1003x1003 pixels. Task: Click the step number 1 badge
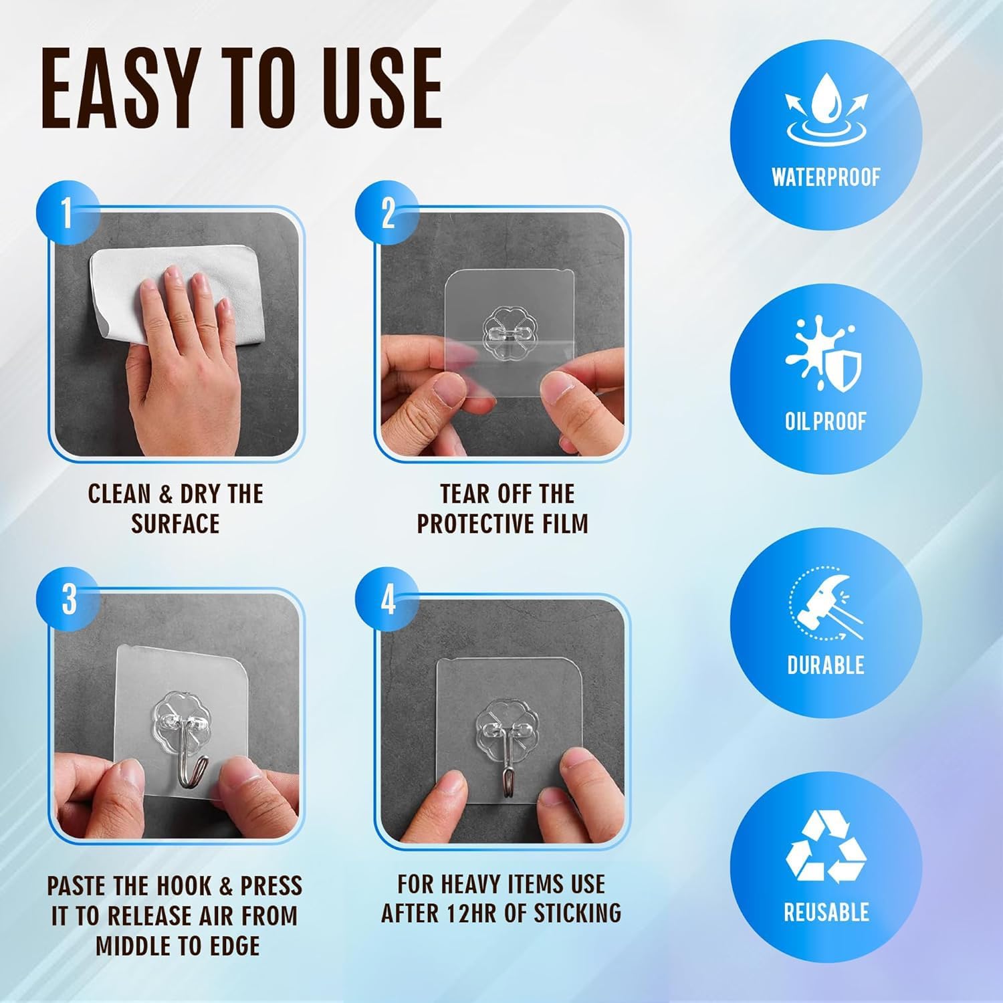(68, 214)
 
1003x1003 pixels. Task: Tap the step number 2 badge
(387, 214)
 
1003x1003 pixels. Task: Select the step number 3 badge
(69, 599)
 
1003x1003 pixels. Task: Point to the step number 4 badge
(388, 600)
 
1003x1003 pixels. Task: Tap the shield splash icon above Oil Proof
(824, 361)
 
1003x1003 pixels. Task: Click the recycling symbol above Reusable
(826, 847)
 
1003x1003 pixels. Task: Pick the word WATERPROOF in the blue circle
(826, 177)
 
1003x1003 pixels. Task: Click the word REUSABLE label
(826, 912)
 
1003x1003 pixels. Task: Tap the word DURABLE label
(826, 665)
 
